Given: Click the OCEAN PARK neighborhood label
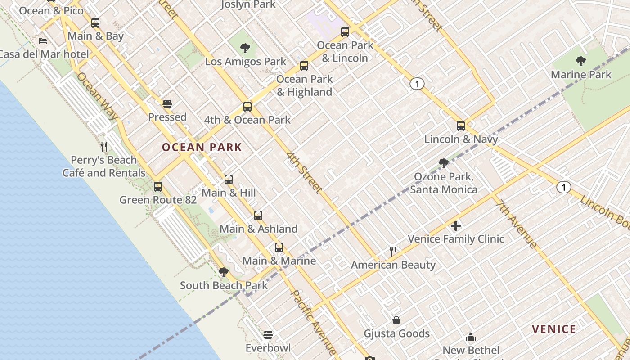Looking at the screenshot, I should [202, 147].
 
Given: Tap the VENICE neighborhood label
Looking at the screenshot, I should [554, 329].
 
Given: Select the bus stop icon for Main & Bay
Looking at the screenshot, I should [95, 23].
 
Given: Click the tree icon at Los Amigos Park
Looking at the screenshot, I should [245, 48].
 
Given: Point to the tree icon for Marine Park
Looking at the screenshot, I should [581, 61].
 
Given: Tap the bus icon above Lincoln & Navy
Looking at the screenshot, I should [461, 126].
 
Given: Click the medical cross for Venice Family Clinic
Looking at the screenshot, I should [456, 225].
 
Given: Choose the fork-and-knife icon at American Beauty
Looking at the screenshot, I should [393, 252].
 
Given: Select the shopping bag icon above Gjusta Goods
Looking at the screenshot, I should [396, 320].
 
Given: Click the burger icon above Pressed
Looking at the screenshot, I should [167, 104].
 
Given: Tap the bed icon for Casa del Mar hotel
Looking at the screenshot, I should [43, 41].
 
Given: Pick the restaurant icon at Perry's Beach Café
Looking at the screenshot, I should [104, 146].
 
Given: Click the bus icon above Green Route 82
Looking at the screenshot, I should [158, 186].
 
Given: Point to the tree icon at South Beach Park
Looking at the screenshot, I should [223, 272].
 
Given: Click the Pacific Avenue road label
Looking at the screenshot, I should [314, 322].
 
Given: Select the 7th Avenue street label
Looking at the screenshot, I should [516, 224].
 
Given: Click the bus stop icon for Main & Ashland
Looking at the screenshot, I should [258, 216].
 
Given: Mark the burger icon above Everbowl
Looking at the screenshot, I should [268, 335].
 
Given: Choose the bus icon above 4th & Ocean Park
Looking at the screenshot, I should [247, 107].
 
